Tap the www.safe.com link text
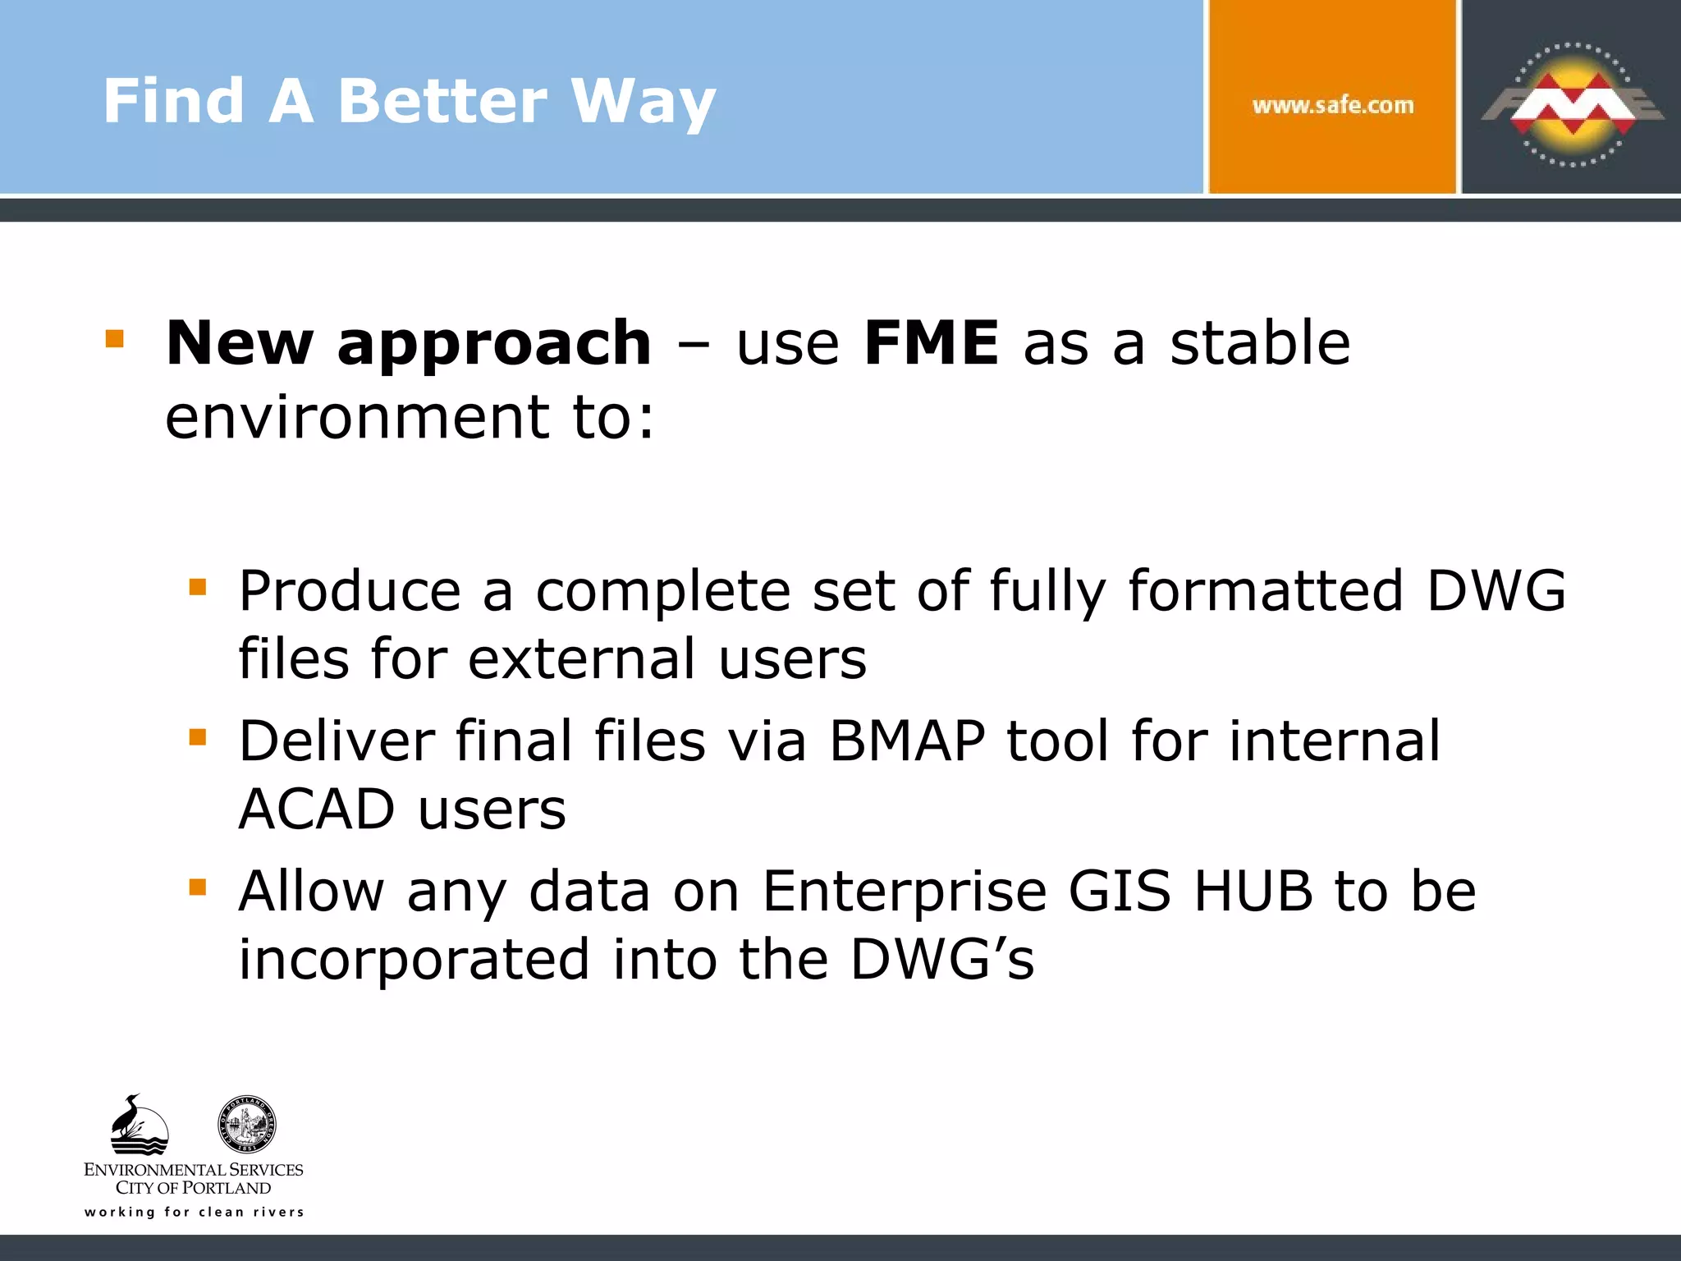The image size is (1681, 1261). [1332, 106]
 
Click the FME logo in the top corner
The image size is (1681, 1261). [1571, 103]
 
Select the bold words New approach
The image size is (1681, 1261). [408, 343]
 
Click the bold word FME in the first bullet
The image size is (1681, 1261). [931, 342]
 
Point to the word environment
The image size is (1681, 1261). [356, 417]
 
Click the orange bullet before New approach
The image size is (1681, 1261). [115, 339]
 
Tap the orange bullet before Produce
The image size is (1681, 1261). [198, 587]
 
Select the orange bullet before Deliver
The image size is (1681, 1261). [198, 736]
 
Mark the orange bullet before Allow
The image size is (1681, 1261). [198, 887]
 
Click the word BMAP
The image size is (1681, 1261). [906, 741]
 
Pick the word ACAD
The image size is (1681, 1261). [317, 809]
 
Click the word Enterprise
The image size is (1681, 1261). [904, 892]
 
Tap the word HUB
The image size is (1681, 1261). [1253, 892]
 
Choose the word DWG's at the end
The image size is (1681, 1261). [941, 959]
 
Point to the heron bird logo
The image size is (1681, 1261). [138, 1125]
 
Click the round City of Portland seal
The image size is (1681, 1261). [246, 1125]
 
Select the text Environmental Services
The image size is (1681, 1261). [194, 1169]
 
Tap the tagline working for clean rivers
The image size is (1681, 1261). [194, 1212]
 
